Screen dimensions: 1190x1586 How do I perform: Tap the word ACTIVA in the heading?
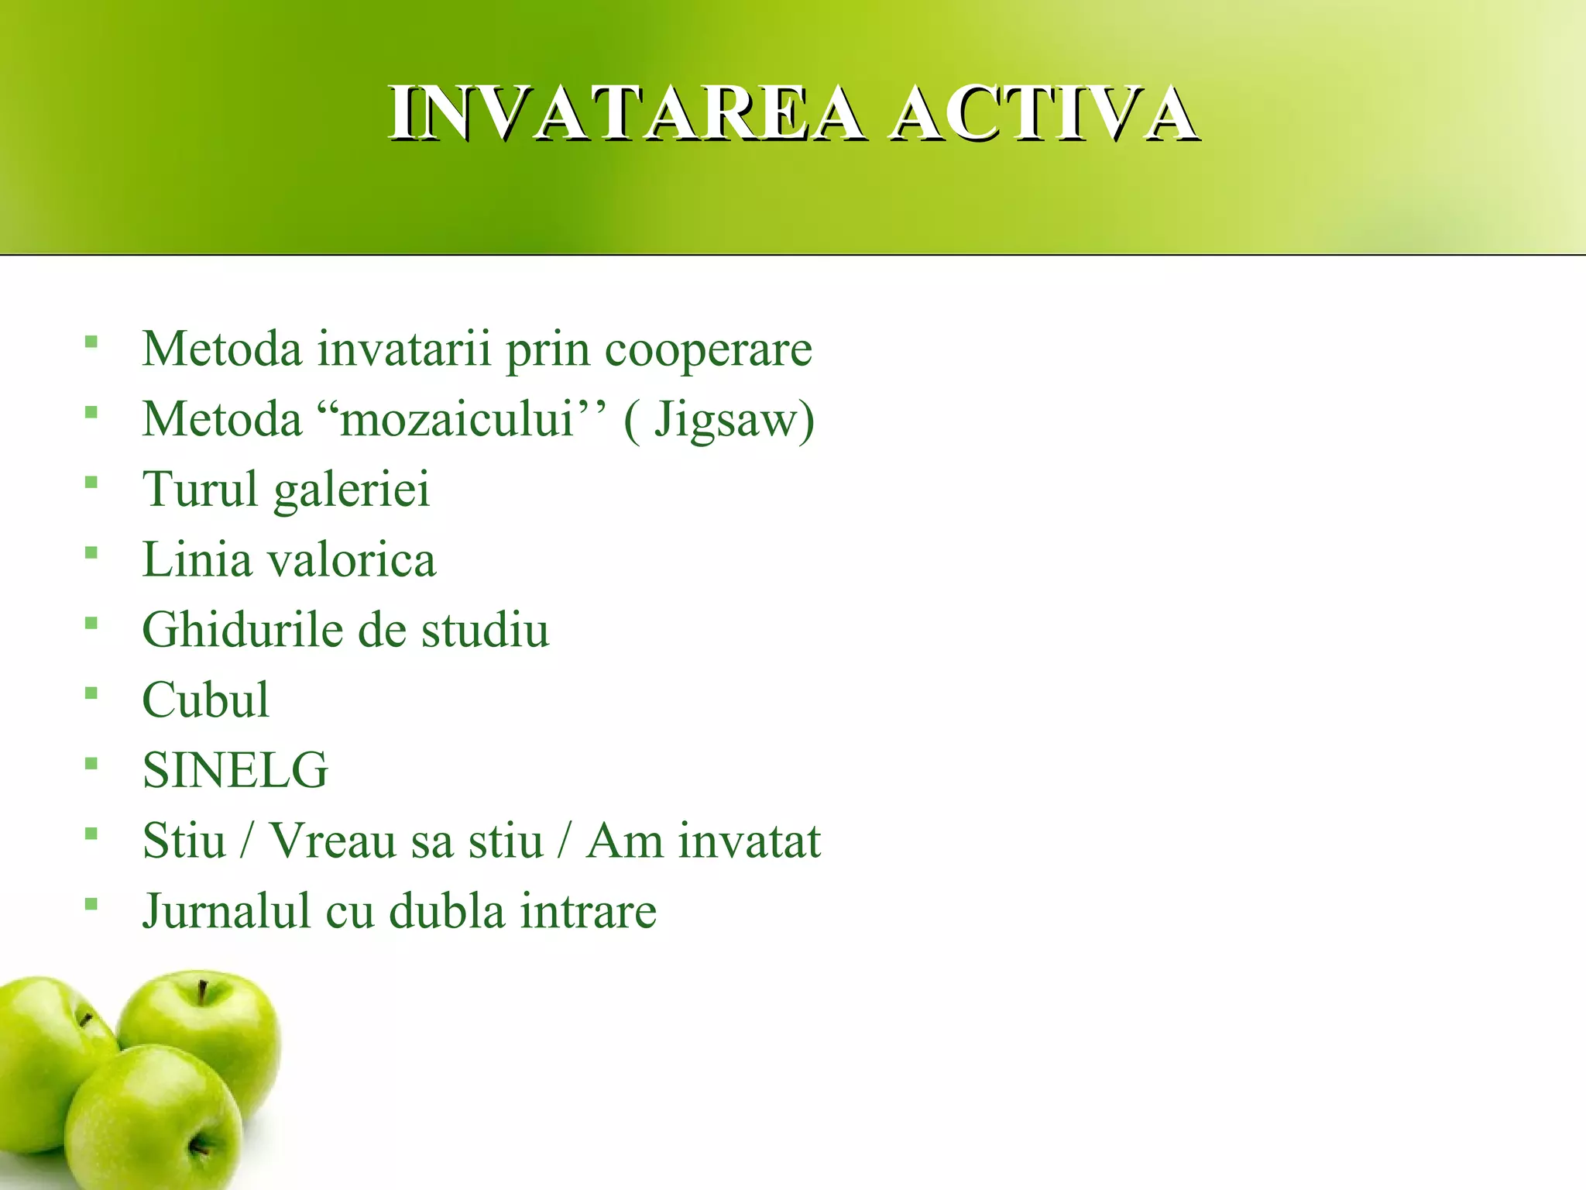(x=1044, y=114)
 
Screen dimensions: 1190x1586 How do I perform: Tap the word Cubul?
(x=206, y=700)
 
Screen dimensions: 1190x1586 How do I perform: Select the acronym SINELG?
(x=235, y=770)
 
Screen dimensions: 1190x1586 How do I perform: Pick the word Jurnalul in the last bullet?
(x=226, y=911)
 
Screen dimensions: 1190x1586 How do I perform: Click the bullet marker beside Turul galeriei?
(x=91, y=483)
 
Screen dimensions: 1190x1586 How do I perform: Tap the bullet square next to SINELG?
(x=91, y=764)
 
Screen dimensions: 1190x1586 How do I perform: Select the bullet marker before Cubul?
(x=91, y=693)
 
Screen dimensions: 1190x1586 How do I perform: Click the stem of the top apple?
(x=202, y=992)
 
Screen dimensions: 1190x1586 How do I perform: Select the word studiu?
(x=485, y=629)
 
